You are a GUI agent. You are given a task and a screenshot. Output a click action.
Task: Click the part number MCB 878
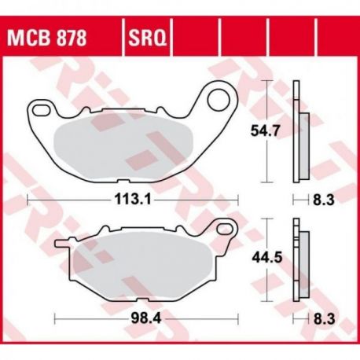click(47, 38)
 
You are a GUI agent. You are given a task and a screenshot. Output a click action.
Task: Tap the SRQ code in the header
click(147, 38)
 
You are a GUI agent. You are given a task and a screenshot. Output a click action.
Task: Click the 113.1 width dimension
click(133, 200)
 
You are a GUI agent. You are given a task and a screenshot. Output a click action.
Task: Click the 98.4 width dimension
click(146, 319)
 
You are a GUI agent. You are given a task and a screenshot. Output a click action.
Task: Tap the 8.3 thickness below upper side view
click(324, 200)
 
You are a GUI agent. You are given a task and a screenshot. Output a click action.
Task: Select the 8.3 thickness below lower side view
click(325, 319)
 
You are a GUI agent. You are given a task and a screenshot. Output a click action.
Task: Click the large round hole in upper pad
click(219, 100)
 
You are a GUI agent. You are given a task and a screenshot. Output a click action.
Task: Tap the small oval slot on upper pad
click(41, 110)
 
